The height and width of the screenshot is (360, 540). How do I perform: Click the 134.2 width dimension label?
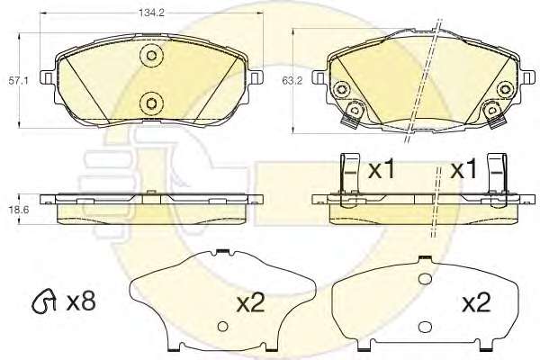151,13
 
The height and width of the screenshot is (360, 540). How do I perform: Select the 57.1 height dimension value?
19,81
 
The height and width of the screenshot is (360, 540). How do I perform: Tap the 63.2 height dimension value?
292,81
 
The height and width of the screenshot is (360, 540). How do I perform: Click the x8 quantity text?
81,302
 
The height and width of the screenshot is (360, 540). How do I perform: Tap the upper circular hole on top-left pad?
151,56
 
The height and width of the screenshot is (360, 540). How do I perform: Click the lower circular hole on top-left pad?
151,103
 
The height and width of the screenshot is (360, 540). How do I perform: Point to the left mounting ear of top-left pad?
48,77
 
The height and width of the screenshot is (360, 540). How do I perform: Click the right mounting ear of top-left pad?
256,77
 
